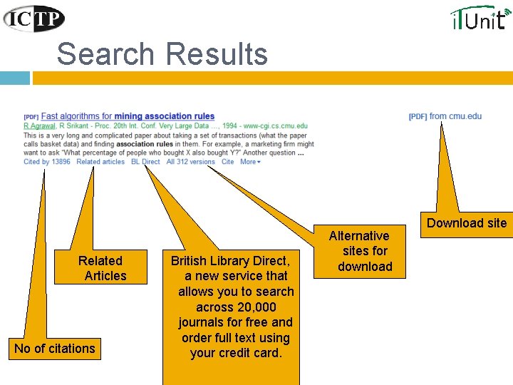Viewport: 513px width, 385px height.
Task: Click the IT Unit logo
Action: click(x=480, y=17)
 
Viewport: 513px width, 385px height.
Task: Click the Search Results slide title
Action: click(x=162, y=54)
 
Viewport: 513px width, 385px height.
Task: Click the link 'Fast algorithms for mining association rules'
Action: click(x=128, y=116)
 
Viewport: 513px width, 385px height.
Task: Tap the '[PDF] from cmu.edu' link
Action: click(x=445, y=116)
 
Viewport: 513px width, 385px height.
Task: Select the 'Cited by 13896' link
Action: click(x=46, y=162)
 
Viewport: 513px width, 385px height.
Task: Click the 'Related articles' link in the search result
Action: click(x=100, y=162)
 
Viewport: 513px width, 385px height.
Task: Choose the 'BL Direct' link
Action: click(x=145, y=162)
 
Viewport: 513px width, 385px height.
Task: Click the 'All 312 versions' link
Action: click(x=190, y=162)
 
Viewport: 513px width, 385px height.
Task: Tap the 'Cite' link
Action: click(x=227, y=162)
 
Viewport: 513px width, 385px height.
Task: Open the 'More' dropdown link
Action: click(x=250, y=162)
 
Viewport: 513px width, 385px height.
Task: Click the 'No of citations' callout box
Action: click(x=54, y=349)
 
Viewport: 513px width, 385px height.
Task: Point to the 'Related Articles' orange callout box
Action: click(x=100, y=268)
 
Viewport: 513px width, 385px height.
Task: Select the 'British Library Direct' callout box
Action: click(x=231, y=307)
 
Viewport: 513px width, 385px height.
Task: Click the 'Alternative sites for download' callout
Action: click(x=365, y=251)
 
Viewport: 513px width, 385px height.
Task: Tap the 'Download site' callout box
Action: click(x=466, y=223)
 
